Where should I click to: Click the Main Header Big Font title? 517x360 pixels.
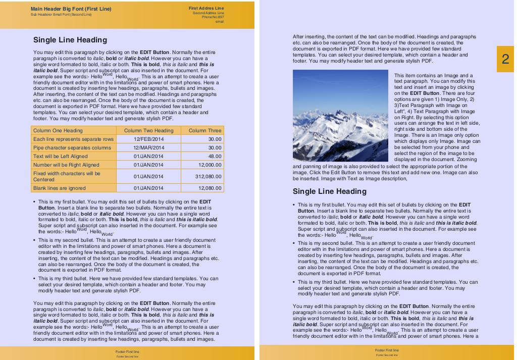pos(71,9)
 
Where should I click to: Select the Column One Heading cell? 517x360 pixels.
pos(58,130)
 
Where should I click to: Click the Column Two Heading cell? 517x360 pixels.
pos(148,130)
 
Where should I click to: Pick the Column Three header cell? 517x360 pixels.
pos(205,130)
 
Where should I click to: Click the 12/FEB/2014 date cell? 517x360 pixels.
pos(148,139)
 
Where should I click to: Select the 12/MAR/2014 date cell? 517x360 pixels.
pos(148,147)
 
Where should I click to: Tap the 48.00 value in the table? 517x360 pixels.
pos(215,156)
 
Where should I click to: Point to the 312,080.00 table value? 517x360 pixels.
pos(209,176)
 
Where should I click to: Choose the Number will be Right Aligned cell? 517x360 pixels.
pos(66,165)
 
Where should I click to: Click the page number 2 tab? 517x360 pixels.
pos(505,59)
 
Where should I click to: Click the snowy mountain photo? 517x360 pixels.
pos(333,116)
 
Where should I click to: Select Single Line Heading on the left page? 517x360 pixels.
pos(70,40)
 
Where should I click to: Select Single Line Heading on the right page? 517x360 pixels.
pos(330,191)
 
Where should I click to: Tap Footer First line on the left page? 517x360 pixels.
pos(127,351)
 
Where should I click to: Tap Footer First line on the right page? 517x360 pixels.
pos(387,350)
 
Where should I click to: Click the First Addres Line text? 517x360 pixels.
pos(206,8)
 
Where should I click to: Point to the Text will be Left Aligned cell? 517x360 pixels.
pos(60,156)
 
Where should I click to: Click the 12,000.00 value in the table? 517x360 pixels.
pos(210,165)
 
